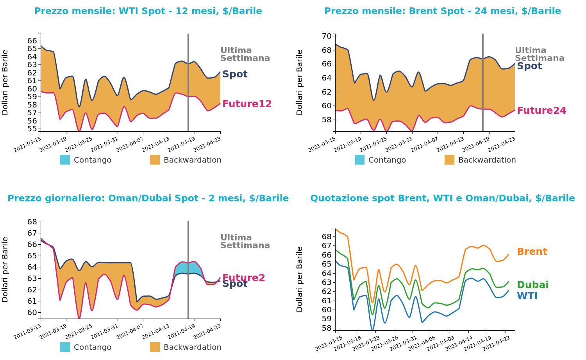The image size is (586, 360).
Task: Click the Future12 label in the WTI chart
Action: pyautogui.click(x=247, y=104)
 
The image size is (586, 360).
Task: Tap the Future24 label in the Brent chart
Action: pyautogui.click(x=541, y=111)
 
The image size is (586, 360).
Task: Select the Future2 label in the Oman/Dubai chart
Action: pyautogui.click(x=243, y=278)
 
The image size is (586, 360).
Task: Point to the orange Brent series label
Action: pyautogui.click(x=532, y=252)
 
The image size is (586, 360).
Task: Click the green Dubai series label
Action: pyautogui.click(x=532, y=285)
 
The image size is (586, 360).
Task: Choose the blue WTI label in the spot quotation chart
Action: pyautogui.click(x=527, y=296)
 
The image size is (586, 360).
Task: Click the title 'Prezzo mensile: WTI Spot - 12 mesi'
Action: pyautogui.click(x=148, y=11)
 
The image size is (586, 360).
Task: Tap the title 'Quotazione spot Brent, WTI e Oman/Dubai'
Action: pyautogui.click(x=442, y=198)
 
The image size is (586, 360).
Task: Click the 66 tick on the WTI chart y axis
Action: pyautogui.click(x=32, y=41)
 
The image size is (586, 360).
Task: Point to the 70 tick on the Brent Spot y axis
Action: pyautogui.click(x=327, y=36)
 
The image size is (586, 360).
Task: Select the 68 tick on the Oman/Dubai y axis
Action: pyautogui.click(x=32, y=222)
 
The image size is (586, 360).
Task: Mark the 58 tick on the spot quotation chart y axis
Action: pyautogui.click(x=327, y=328)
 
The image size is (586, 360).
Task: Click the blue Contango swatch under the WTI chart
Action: pyautogui.click(x=65, y=160)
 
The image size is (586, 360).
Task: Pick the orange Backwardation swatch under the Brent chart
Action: pyautogui.click(x=449, y=160)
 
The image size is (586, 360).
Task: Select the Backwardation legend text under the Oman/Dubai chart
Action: pyautogui.click(x=192, y=347)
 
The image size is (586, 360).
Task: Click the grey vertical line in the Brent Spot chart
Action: pyautogui.click(x=482, y=82)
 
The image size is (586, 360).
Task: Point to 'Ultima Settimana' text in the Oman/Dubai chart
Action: pyautogui.click(x=245, y=242)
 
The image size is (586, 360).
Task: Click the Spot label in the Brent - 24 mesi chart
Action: pyautogui.click(x=529, y=66)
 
